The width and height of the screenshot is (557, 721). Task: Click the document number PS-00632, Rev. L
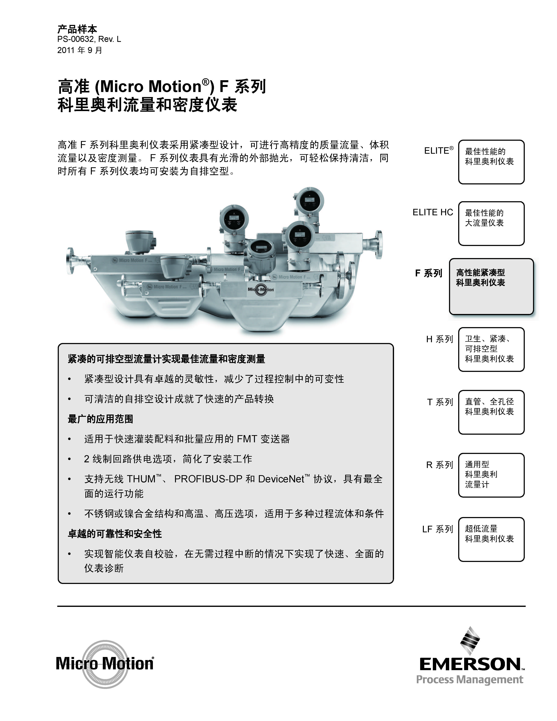89,39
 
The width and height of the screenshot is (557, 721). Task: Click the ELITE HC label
433,212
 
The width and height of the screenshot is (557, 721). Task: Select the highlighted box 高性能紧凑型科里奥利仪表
491,286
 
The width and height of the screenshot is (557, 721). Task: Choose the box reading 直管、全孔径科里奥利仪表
491,412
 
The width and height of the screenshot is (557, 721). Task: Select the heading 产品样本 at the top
77,29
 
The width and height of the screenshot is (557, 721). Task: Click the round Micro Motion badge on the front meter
261,290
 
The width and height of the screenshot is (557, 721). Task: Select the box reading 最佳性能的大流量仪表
491,224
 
